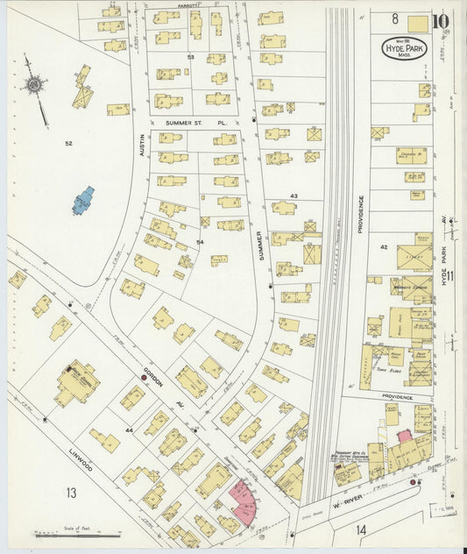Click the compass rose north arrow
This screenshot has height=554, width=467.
coord(33,83)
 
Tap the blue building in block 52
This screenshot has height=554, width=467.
coord(83,200)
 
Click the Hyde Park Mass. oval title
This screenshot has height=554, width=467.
coord(404,48)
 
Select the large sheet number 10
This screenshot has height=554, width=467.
coord(441,20)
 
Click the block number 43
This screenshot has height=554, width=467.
coord(294,195)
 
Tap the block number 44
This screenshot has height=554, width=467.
coord(129,430)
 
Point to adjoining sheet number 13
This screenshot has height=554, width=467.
coord(69,493)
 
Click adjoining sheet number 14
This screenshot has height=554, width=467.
coord(363,529)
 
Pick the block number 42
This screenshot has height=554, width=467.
coord(384,247)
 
